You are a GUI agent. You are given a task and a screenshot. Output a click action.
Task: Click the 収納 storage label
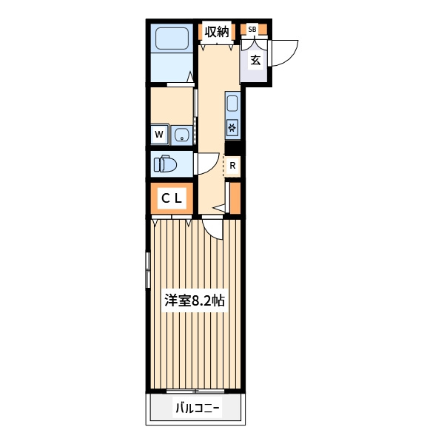click(x=217, y=32)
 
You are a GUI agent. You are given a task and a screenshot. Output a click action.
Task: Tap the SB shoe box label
click(x=252, y=29)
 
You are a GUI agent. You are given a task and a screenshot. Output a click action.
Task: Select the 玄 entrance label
click(x=255, y=60)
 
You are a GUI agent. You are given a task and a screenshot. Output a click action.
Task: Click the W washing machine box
click(x=159, y=134)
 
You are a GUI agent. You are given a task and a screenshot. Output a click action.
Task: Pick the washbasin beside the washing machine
click(x=182, y=135)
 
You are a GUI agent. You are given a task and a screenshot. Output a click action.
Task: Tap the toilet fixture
click(x=165, y=164)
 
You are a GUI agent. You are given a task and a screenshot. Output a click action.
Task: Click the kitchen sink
click(x=232, y=104)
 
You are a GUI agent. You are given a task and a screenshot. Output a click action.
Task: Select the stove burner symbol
click(x=232, y=128)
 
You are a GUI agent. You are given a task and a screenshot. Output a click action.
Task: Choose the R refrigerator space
click(x=232, y=166)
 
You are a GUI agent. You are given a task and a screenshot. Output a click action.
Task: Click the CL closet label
click(x=172, y=198)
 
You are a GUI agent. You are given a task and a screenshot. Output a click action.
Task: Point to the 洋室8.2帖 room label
click(x=195, y=300)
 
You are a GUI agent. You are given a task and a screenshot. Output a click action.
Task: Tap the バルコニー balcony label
click(x=198, y=408)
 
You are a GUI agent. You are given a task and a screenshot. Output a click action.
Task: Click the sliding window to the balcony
click(x=195, y=391)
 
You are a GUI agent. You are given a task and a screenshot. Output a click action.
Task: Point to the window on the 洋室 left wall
click(x=148, y=270)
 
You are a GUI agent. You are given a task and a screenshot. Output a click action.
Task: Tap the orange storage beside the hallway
click(x=235, y=198)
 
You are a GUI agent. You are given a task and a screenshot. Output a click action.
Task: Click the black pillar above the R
click(x=232, y=147)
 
